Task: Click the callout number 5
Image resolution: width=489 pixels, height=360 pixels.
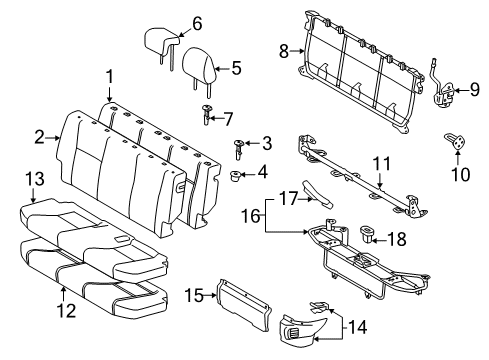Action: click(x=236, y=68)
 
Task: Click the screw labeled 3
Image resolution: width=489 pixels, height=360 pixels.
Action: click(x=238, y=149)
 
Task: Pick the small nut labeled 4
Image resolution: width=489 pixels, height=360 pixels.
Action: click(x=238, y=178)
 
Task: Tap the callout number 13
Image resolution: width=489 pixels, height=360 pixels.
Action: click(x=34, y=177)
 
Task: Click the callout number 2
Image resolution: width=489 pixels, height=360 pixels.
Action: click(x=39, y=137)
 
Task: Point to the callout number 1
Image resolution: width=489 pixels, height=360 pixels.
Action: click(x=111, y=76)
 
